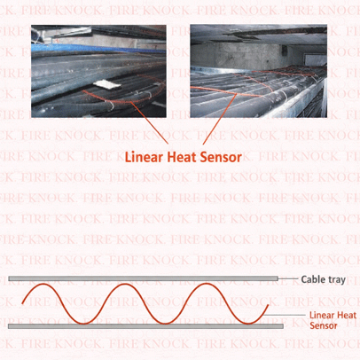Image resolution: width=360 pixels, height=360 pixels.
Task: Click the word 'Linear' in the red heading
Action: [144, 157]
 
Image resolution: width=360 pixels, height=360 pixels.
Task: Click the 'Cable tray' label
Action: [323, 279]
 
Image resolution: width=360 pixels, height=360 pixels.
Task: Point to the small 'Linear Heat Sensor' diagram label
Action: [333, 320]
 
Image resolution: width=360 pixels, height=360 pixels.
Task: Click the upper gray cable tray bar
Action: [143, 278]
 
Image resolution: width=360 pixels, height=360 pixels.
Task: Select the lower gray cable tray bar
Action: [145, 326]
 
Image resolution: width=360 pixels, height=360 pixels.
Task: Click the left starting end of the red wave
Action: [22, 303]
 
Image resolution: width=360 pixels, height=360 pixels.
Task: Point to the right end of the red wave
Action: [269, 305]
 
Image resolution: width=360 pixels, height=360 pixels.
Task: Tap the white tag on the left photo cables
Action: [107, 85]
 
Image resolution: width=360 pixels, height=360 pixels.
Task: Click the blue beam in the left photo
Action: [98, 49]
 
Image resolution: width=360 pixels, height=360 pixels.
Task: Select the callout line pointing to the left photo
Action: [149, 123]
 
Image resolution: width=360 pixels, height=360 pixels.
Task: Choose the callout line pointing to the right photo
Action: [220, 119]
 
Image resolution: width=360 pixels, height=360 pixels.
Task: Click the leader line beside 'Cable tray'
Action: [288, 278]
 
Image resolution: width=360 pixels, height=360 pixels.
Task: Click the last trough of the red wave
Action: [247, 324]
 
